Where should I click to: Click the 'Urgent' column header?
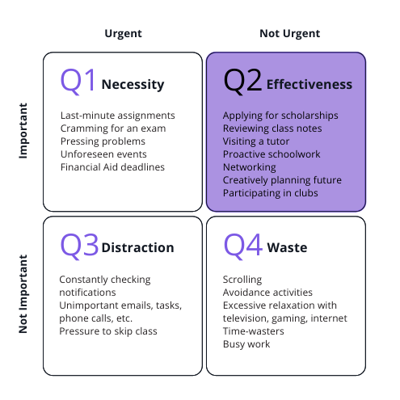tap(123, 34)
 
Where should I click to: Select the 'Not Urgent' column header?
tap(290, 33)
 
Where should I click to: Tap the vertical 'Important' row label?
tap(23, 131)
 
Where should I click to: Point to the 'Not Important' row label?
tap(23, 294)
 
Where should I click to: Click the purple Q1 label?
tap(78, 80)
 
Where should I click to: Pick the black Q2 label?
tap(242, 80)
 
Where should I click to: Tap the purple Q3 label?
tap(79, 246)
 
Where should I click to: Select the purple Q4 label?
tap(243, 246)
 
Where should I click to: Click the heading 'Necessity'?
tap(133, 85)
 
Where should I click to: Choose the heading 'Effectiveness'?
tap(309, 84)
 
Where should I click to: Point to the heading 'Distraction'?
tap(137, 247)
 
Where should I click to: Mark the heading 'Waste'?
tap(287, 247)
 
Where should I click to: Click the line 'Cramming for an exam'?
tap(113, 128)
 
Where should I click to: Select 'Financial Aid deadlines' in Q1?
tap(112, 167)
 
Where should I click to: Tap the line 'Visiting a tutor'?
tap(256, 141)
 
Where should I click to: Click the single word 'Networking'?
tap(249, 167)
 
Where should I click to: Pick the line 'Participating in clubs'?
tap(270, 193)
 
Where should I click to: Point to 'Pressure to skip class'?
tap(108, 331)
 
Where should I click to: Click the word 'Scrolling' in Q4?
tap(242, 280)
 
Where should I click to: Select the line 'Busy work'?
tap(246, 344)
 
